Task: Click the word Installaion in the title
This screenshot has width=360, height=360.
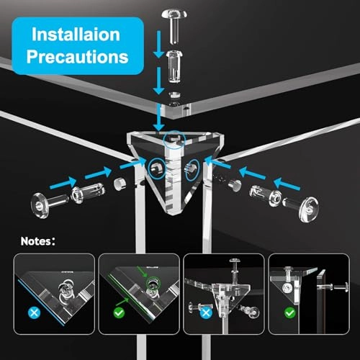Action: pos(76,35)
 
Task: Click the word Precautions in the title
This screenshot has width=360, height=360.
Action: pos(77,57)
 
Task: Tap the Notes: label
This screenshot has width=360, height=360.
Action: pos(38,241)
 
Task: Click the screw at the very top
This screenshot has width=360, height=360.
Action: pos(174,26)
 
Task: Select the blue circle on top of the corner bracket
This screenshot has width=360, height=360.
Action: pos(174,140)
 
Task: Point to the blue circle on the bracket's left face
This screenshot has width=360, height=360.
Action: pos(156,168)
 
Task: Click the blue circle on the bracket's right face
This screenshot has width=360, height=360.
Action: pos(192,170)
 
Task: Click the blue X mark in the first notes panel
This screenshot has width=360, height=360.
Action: pos(35,312)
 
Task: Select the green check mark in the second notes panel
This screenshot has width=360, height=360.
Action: pos(119,312)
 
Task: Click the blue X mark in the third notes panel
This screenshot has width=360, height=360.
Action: pos(206,313)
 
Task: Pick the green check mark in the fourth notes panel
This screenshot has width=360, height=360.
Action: pos(289,313)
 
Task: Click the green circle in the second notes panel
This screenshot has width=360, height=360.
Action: pos(153,283)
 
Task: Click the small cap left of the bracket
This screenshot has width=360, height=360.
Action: pos(120,184)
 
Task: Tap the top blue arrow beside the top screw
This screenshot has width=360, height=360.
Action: pos(158,44)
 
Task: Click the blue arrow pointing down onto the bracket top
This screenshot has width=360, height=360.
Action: pos(159,117)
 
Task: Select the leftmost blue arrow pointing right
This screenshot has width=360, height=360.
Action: pos(63,183)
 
